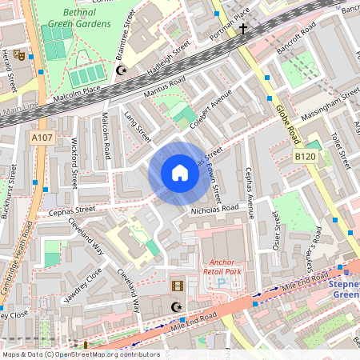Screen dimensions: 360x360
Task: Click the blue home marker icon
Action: [180, 173]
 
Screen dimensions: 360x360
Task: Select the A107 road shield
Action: [43, 138]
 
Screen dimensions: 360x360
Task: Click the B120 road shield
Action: [304, 157]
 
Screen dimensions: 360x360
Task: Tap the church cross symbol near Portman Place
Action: [243, 30]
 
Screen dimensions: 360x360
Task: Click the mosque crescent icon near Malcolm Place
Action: [122, 71]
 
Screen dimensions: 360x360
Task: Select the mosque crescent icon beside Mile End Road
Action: [178, 307]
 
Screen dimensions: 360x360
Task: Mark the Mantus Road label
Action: [164, 88]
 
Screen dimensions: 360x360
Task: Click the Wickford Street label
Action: [74, 162]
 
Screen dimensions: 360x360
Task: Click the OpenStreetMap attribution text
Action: [80, 354]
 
